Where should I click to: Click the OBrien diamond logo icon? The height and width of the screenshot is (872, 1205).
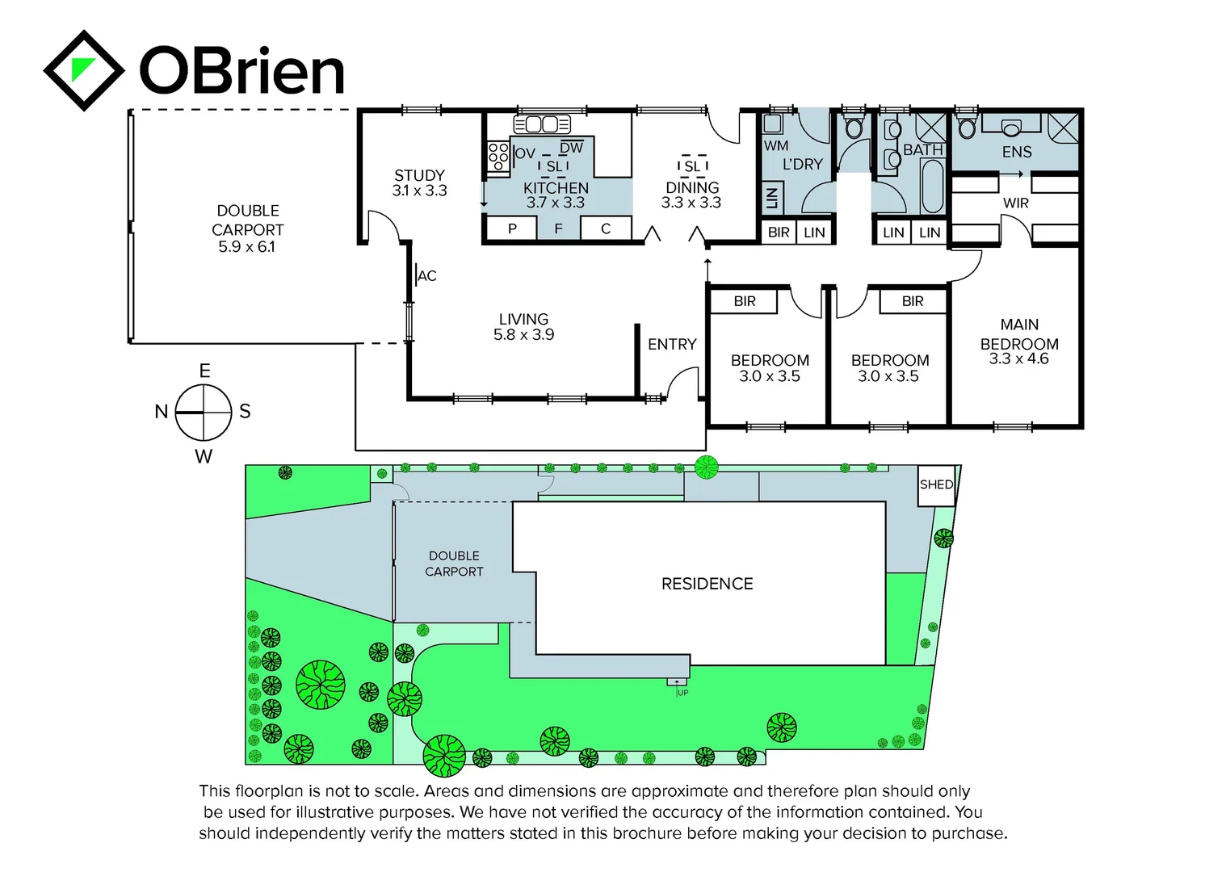83,70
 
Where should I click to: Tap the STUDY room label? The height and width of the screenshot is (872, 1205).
419,175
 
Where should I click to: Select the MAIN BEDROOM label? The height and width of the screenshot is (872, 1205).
1019,333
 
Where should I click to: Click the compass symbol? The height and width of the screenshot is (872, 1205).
204,412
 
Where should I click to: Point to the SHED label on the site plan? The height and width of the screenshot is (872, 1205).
936,484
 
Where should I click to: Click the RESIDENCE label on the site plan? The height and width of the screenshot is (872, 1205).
707,584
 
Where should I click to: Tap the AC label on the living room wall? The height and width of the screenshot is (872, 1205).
427,276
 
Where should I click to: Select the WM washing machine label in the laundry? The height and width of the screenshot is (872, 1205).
775,146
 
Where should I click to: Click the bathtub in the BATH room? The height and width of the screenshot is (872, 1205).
932,186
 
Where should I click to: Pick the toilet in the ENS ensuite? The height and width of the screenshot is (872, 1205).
967,127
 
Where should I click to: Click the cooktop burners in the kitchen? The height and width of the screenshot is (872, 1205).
498,156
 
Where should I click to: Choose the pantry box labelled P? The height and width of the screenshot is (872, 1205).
511,228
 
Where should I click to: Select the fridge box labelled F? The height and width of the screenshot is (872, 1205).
558,228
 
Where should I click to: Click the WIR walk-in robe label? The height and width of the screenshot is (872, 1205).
1015,203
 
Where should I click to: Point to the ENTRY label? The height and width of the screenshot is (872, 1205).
671,345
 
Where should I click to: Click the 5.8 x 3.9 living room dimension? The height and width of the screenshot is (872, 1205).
523,334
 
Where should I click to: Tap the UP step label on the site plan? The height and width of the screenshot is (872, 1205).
682,693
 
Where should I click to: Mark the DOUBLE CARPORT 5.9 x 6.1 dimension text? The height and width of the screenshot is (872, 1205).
246,247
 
